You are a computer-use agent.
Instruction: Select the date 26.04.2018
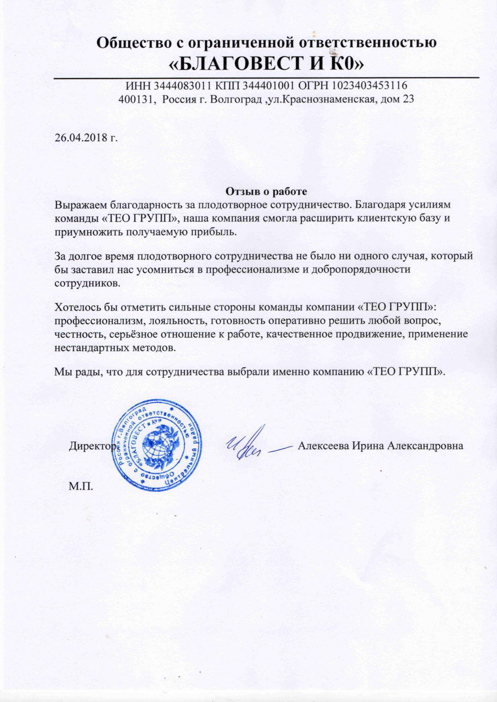click(x=81, y=138)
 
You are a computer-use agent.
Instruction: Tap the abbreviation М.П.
click(x=81, y=487)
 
